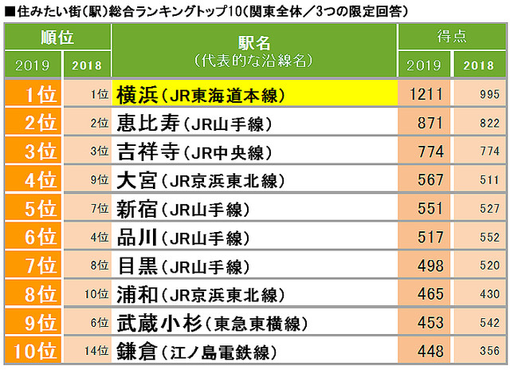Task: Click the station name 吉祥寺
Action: [147, 152]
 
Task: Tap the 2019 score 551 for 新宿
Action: [430, 209]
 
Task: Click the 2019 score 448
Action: [430, 352]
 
